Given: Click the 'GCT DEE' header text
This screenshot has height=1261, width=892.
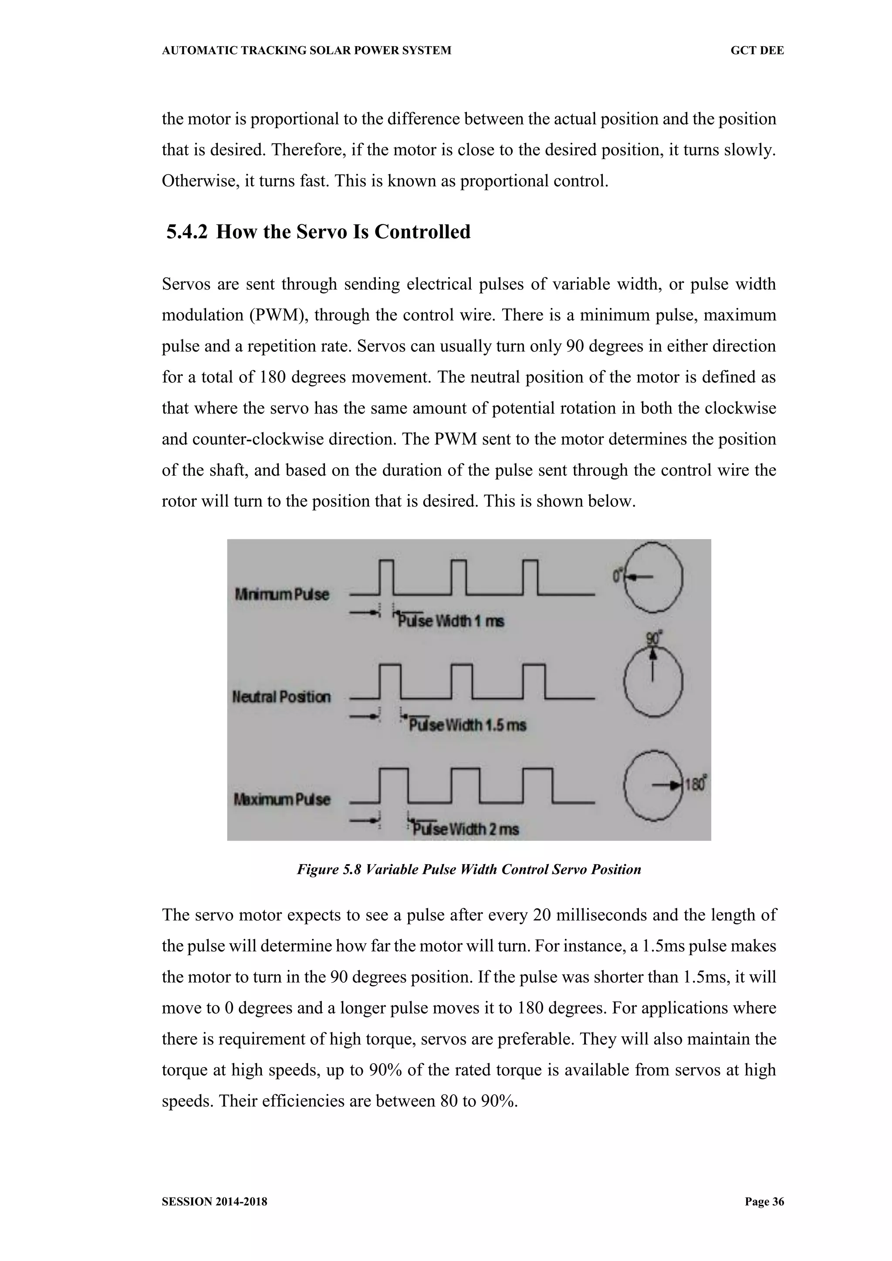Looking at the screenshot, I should pyautogui.click(x=757, y=51).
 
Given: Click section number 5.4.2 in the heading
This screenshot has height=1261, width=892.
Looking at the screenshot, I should pyautogui.click(x=187, y=232).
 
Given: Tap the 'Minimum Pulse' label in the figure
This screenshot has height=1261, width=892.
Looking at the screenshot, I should pyautogui.click(x=282, y=594).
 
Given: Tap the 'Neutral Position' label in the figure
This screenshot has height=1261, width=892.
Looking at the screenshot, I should pyautogui.click(x=281, y=697).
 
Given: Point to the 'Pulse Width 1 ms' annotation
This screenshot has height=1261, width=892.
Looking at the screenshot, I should pyautogui.click(x=450, y=621).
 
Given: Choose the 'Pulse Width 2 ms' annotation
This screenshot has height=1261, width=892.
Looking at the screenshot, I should pyautogui.click(x=466, y=829).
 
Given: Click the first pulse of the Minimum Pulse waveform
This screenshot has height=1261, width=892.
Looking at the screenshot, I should pyautogui.click(x=387, y=577).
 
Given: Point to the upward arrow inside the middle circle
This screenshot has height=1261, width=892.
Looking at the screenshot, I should pyautogui.click(x=652, y=665).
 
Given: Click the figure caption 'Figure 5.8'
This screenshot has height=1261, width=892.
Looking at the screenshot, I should pyautogui.click(x=329, y=869).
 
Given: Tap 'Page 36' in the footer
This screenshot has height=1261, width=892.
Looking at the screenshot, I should pyautogui.click(x=764, y=1201).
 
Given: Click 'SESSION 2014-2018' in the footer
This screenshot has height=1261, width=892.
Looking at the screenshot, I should pyautogui.click(x=214, y=1201).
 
